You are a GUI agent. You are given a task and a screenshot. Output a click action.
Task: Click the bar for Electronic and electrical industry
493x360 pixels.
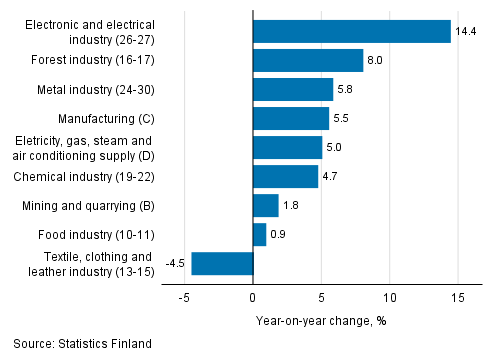[351, 32]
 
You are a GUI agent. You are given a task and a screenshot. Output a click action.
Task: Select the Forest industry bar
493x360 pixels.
[308, 61]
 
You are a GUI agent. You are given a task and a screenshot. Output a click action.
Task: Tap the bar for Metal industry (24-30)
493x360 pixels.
[293, 90]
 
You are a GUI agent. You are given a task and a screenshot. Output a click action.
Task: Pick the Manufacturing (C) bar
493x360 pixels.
[291, 119]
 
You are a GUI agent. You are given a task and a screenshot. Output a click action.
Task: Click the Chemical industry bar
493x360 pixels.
[285, 177]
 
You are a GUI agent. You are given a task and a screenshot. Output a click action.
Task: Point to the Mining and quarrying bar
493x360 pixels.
[265, 206]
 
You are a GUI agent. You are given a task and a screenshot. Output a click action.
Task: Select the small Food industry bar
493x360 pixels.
[259, 235]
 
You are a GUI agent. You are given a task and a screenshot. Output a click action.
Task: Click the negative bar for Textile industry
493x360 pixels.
[222, 264]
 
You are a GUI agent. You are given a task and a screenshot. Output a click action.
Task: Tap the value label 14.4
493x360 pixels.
[466, 32]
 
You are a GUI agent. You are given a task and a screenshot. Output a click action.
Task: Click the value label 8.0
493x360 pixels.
[375, 61]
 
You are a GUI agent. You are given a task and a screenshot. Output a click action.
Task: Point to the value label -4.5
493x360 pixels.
[176, 264]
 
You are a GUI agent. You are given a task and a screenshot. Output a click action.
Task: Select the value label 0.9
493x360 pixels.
[278, 235]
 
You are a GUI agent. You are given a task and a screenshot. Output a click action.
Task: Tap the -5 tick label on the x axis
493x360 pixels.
[184, 298]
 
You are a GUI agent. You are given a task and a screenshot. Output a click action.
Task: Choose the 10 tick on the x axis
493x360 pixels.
[389, 298]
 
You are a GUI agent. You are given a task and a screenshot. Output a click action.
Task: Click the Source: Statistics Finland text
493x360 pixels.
[83, 344]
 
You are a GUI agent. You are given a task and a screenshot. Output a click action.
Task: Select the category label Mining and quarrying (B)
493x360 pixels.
[87, 206]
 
